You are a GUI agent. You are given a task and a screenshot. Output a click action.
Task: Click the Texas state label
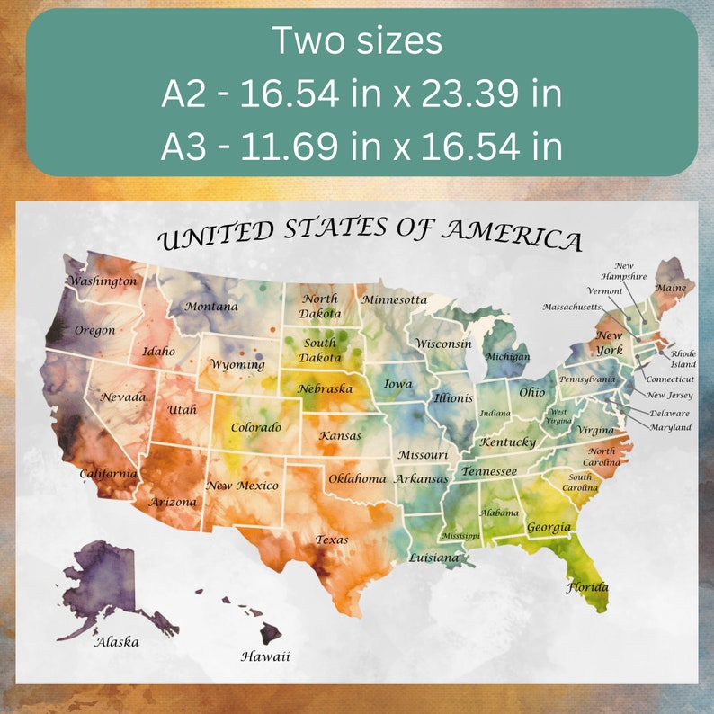point(331,540)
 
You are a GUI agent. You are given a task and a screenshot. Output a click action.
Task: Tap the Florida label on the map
point(587,587)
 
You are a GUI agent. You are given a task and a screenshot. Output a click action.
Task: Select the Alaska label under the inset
point(117,642)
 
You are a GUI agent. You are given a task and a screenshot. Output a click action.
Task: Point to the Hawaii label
point(265,656)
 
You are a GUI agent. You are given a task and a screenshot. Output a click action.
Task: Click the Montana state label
point(211,307)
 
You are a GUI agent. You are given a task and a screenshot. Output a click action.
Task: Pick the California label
point(108,473)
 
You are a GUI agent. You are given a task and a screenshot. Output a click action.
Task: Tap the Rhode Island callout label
point(683,359)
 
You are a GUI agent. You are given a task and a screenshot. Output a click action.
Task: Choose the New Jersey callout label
point(670,395)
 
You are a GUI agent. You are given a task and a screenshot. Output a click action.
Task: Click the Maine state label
point(670,288)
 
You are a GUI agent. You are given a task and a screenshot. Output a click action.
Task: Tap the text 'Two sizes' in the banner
point(356,41)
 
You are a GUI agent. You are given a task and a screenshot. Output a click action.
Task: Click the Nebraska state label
point(326,388)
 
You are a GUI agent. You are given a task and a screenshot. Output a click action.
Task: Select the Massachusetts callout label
point(572,307)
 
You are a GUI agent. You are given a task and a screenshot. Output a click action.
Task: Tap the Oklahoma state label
point(357,478)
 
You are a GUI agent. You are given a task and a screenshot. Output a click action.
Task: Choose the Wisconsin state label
point(443,344)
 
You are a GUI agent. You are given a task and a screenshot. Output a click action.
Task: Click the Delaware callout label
point(670,413)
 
